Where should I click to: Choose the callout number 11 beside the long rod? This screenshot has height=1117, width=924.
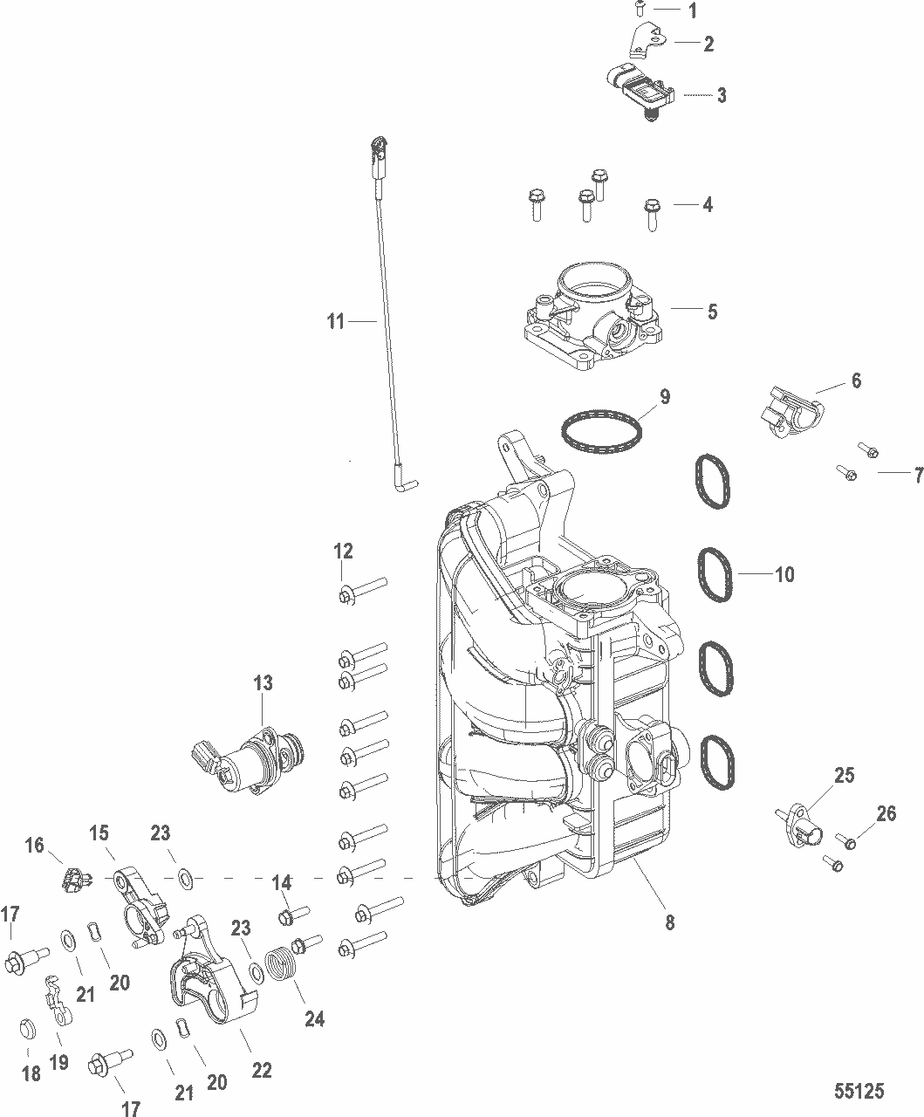336,321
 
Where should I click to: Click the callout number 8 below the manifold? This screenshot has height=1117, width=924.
670,922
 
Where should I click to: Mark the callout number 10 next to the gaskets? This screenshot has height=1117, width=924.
784,574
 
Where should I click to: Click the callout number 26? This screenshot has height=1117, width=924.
886,814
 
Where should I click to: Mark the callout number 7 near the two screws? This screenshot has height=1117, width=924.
918,476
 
